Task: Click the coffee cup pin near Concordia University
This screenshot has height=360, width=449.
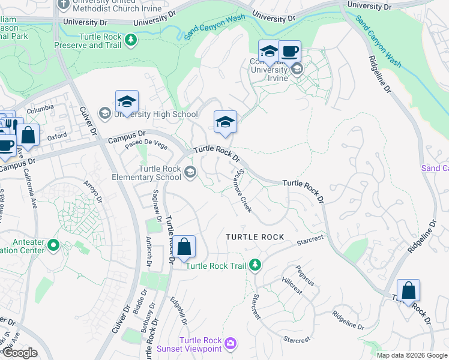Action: [x=290, y=52]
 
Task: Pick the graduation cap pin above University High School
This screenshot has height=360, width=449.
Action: [x=127, y=101]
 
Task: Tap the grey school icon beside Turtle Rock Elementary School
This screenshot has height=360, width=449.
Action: [x=190, y=173]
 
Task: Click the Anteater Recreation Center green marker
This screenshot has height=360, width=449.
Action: [x=53, y=245]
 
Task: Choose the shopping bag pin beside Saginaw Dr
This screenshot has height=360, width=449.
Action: [x=185, y=246]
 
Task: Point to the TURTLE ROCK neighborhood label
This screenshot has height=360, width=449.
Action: [x=255, y=237]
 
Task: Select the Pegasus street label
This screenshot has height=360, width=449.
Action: [x=305, y=275]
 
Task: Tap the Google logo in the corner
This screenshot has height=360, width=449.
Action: [x=20, y=353]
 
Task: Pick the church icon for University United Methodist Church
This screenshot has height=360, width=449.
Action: [x=64, y=5]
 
